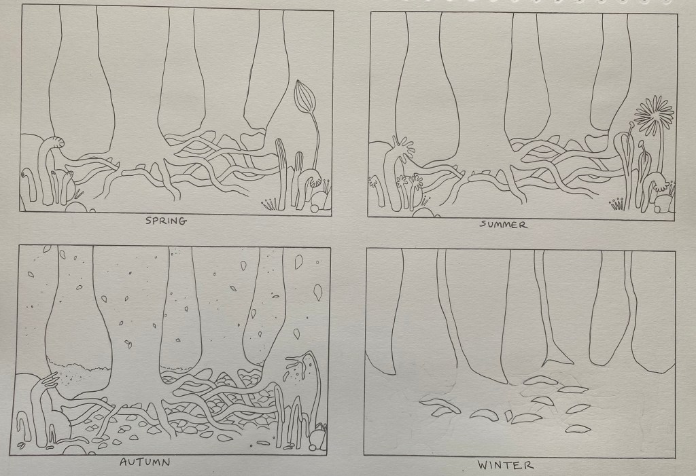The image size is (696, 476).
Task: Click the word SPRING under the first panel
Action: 166,221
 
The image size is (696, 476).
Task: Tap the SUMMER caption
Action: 504,225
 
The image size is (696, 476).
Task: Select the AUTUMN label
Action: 145,462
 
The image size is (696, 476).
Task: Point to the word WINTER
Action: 505,465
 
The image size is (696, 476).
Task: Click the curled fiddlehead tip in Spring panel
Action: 57,143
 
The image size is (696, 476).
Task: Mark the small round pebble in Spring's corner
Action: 314,208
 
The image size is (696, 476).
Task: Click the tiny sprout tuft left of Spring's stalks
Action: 268,204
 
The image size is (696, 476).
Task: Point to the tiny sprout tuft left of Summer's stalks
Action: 617,204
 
